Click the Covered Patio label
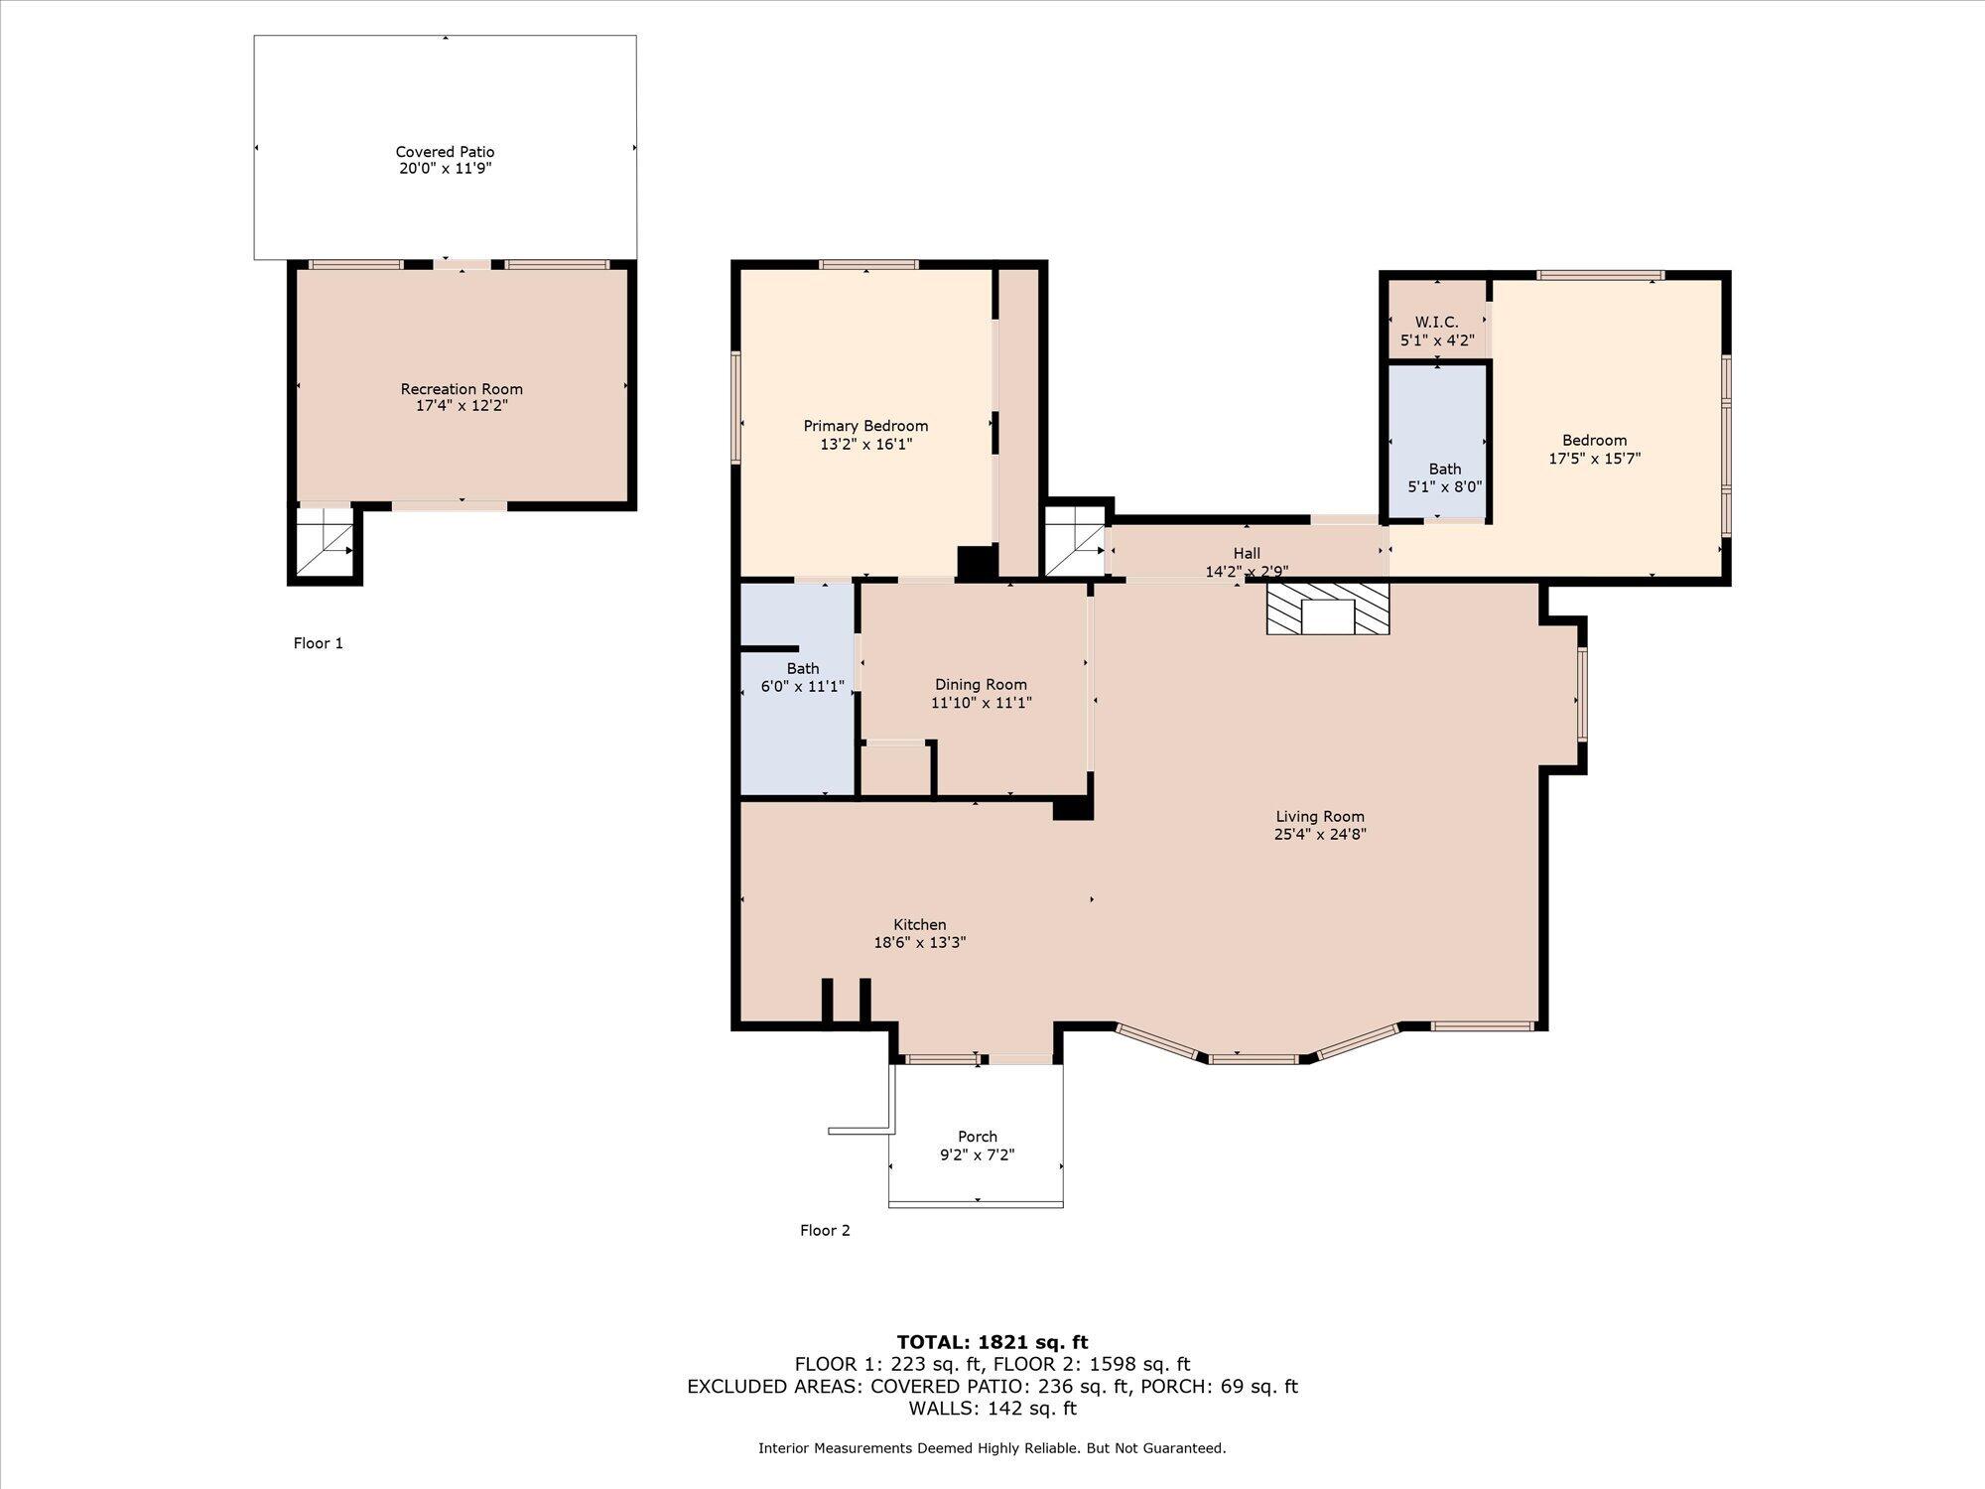pos(445,152)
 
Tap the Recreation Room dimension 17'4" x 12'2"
pos(462,406)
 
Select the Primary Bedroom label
pos(865,426)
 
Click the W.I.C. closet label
pos(1436,323)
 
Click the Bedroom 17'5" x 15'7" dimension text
pos(1594,459)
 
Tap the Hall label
pos(1247,554)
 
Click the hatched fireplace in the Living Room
pos(1328,609)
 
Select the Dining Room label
pos(981,685)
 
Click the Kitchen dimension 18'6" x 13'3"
pos(919,943)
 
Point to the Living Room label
pos(1320,817)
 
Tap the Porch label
pos(978,1137)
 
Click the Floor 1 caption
pos(318,643)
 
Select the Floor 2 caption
pos(825,1231)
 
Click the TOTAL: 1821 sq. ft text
pos(992,1343)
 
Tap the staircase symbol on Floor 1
pos(326,542)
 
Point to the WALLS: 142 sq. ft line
pos(992,1409)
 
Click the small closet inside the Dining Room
pos(895,768)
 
